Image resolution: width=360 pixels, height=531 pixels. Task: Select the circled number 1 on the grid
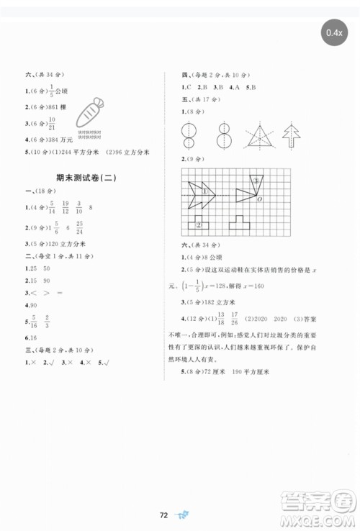pyautogui.click(x=204, y=192)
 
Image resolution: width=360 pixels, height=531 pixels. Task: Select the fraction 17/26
pyautogui.click(x=246, y=317)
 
